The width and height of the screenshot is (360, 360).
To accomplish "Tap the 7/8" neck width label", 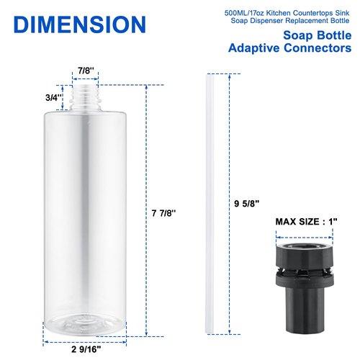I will pyautogui.click(x=84, y=71).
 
